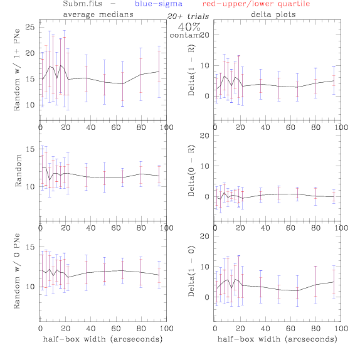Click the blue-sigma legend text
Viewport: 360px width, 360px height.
pos(159,4)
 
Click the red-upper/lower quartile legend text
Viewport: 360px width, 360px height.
pos(256,4)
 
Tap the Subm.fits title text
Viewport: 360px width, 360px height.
pos(82,4)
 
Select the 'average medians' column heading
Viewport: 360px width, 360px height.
pos(98,14)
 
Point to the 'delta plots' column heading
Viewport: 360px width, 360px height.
pos(273,14)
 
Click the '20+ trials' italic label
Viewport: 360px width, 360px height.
pos(188,16)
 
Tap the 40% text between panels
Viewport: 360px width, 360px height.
pos(189,27)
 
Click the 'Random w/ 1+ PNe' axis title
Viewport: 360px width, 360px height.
pos(17,70)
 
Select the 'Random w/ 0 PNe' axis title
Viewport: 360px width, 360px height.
pos(17,271)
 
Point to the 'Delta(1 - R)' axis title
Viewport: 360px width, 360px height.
pos(191,70)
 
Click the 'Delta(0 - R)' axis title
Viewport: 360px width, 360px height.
pos(191,171)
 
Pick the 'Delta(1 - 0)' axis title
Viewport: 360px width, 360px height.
pos(191,271)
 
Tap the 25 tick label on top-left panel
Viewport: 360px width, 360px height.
pos(30,28)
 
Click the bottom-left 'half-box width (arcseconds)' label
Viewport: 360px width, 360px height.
pos(103,339)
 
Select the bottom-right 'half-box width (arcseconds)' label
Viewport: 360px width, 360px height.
pos(277,339)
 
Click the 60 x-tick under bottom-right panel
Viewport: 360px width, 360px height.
pos(290,329)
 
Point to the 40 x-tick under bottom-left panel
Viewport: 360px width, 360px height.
pos(91,329)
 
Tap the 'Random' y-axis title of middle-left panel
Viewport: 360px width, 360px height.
pos(18,171)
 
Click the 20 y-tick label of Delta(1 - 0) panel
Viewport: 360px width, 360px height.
pos(204,236)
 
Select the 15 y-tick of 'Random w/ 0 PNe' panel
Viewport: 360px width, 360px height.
pos(30,247)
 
